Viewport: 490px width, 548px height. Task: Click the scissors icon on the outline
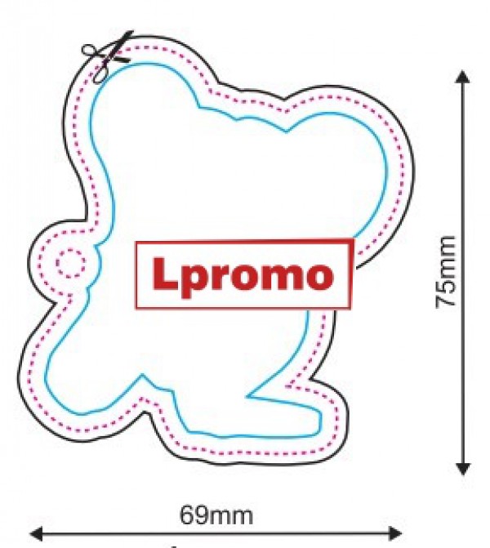click(x=107, y=56)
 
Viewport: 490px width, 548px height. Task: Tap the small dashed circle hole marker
click(x=70, y=263)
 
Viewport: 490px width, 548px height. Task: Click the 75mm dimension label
click(x=446, y=272)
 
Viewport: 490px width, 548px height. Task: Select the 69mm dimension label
click(x=216, y=515)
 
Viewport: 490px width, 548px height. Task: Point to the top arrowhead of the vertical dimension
click(x=463, y=77)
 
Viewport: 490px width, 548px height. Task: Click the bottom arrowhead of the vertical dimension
click(x=463, y=468)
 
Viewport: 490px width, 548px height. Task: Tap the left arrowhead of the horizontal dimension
click(x=37, y=533)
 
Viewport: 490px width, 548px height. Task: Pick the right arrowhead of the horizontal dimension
click(x=395, y=533)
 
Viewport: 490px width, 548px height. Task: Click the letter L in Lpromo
click(x=164, y=273)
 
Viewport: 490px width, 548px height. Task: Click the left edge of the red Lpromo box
click(x=136, y=276)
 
